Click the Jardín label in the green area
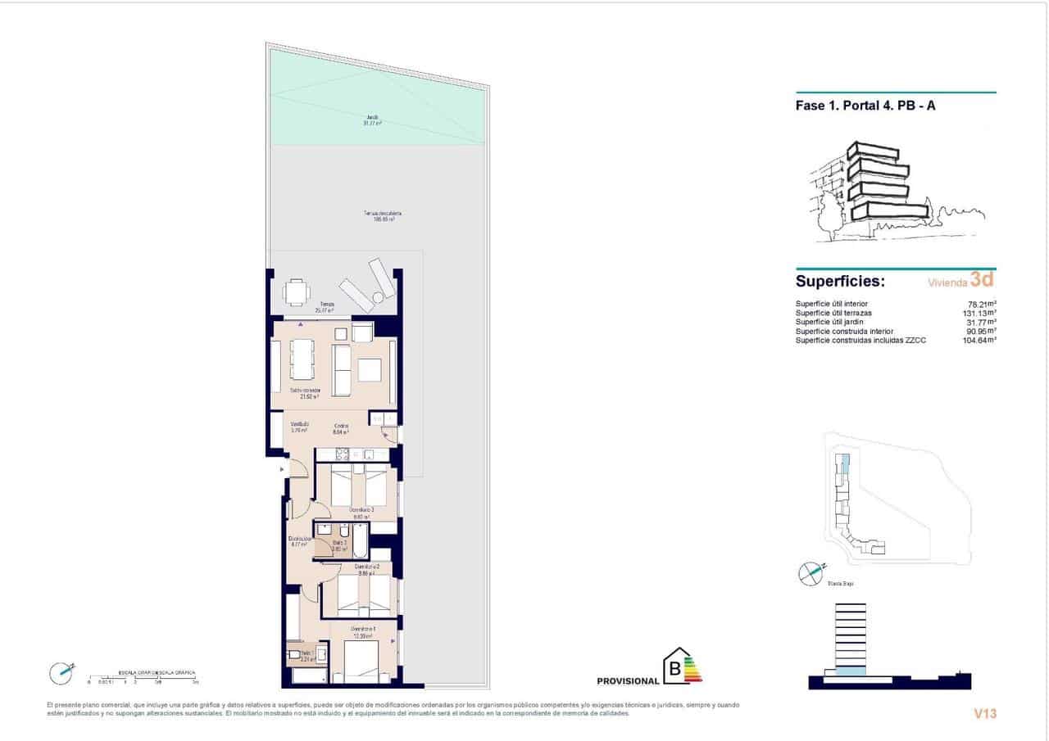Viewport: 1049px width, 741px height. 373,120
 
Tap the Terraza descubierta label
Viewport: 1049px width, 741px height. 383,216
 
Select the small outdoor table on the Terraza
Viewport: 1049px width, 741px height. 297,291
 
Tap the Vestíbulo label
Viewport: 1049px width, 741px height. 299,426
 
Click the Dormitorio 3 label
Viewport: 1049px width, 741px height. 361,512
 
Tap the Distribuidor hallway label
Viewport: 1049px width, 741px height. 299,540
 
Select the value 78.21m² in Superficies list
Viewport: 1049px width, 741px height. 981,304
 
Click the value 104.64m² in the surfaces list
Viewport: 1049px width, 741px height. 979,340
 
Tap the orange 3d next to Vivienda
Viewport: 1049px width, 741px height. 982,280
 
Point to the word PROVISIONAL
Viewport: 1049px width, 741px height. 628,681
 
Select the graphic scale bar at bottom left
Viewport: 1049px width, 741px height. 143,676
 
